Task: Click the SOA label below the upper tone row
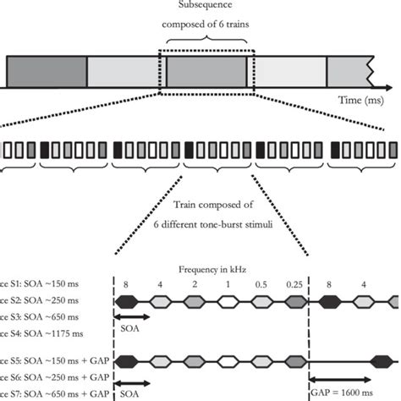(128, 327)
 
